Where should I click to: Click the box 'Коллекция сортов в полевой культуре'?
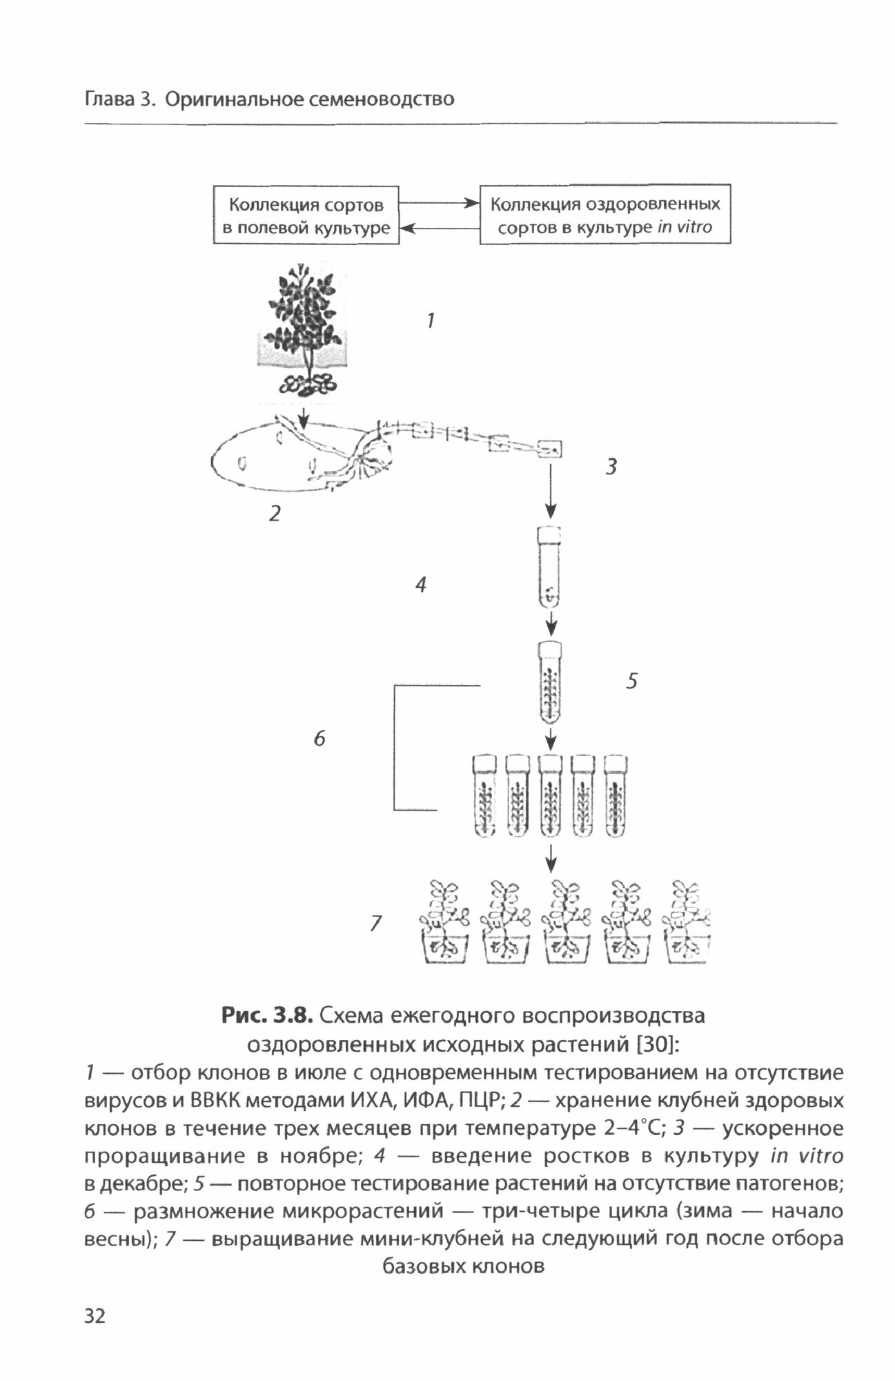(306, 215)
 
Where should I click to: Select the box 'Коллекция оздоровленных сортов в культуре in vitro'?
(604, 215)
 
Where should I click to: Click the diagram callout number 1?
(431, 321)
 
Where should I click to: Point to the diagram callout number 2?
(275, 513)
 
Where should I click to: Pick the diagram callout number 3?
(611, 467)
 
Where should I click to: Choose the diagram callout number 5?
(631, 682)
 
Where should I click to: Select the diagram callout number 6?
(319, 739)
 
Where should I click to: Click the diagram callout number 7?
(375, 923)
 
